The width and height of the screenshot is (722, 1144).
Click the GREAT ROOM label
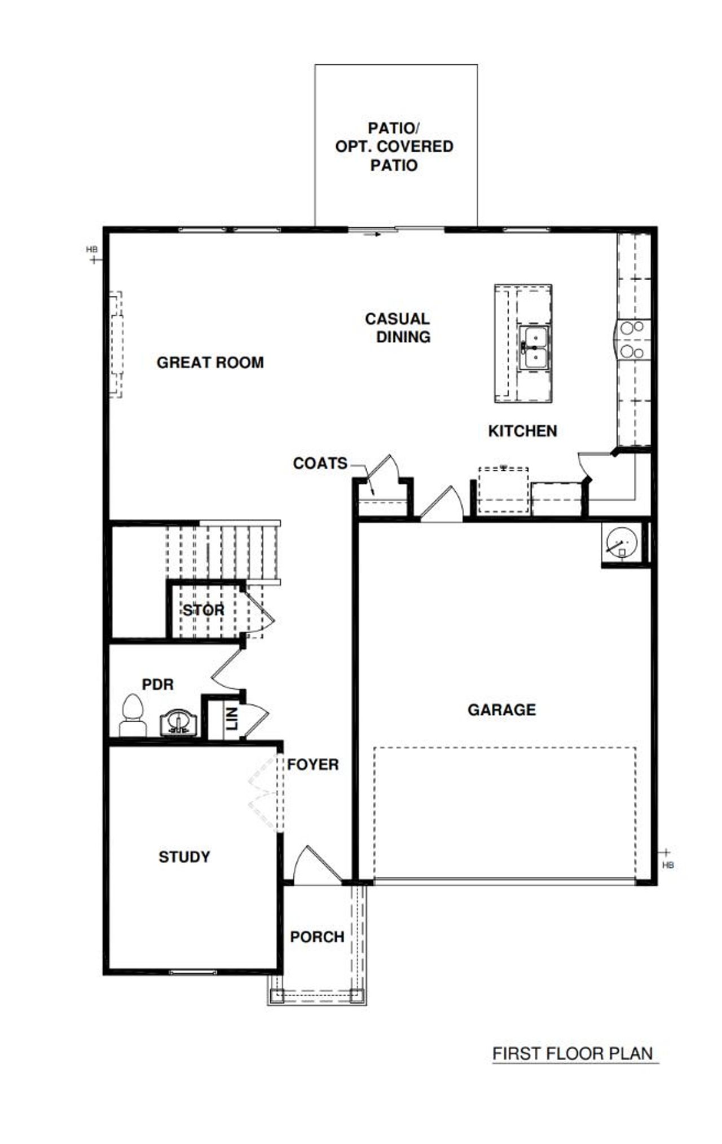coord(210,363)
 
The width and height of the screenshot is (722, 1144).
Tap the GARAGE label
coord(501,709)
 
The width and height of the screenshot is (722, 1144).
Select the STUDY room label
coord(184,857)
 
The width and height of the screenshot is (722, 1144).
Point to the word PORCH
coord(317,937)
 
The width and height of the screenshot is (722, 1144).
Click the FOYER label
coord(312,765)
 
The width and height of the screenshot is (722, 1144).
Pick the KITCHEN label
coord(522,431)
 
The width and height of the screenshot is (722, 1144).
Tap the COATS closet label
coord(320,463)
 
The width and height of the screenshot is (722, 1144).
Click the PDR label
coord(157,684)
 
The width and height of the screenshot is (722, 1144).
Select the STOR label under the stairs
coord(203,610)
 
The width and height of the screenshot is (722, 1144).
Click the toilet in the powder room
coord(133,715)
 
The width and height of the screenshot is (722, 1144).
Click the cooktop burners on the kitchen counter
coord(632,339)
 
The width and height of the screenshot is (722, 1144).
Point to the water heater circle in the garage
coord(621,542)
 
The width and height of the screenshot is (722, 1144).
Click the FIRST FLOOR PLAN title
coord(572,1053)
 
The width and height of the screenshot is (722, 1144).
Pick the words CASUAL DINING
coord(398,328)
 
